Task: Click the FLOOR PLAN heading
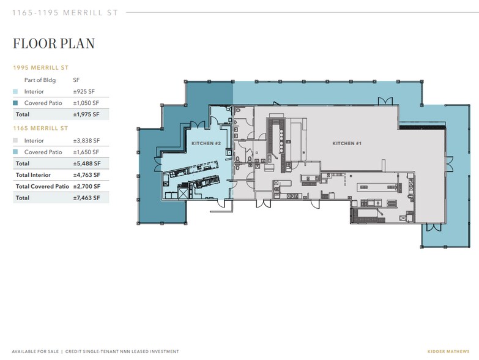[x=54, y=43]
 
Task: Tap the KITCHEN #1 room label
[x=347, y=143]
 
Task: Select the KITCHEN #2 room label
[x=206, y=143]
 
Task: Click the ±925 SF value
[x=84, y=91]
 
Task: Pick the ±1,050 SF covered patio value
[x=86, y=103]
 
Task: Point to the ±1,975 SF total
[x=86, y=114]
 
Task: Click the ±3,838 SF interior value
[x=86, y=141]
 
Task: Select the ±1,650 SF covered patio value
[x=86, y=152]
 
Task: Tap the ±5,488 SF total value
[x=87, y=163]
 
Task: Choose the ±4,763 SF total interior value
[x=87, y=175]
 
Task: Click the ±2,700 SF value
[x=87, y=186]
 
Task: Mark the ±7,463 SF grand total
[x=86, y=198]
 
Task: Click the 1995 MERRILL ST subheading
[x=40, y=67]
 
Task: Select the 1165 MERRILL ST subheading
[x=40, y=128]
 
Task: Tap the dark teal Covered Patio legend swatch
[x=15, y=103]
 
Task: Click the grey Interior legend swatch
[x=15, y=141]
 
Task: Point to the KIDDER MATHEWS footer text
[x=448, y=351]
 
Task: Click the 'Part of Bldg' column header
[x=40, y=80]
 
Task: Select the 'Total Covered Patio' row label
[x=42, y=186]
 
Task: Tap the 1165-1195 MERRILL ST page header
[x=65, y=12]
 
